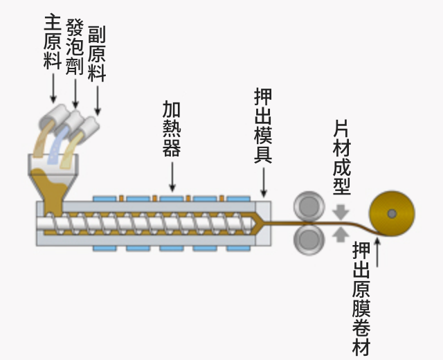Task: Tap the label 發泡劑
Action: (75, 47)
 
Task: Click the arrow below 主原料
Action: (53, 88)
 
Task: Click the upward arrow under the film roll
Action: (378, 252)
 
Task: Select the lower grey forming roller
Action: (309, 239)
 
